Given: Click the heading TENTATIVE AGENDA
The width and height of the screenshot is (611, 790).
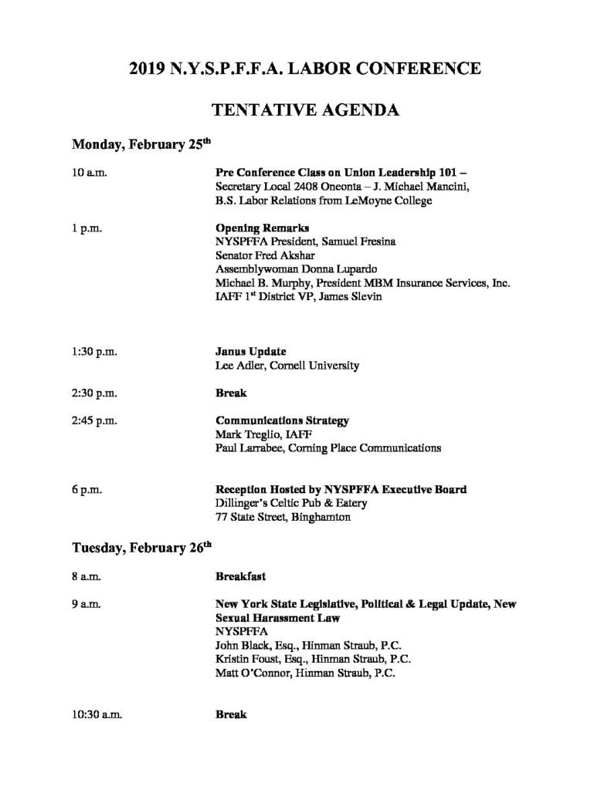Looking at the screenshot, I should tap(305, 110).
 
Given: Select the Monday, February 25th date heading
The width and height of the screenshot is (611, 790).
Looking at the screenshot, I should tap(141, 144).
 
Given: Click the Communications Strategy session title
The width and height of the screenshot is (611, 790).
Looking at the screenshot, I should tap(282, 421).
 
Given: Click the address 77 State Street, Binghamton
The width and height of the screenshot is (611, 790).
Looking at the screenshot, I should tap(283, 518).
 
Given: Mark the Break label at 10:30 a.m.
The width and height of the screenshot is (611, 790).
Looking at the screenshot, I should tap(230, 715).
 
